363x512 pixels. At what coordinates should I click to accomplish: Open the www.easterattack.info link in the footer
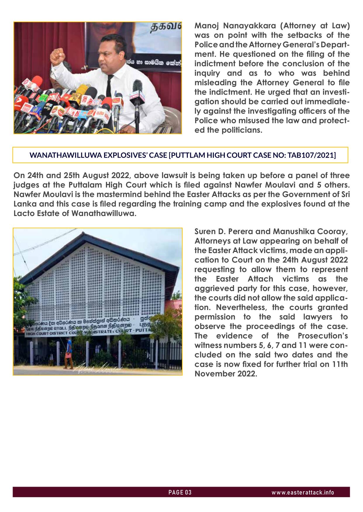point(303,492)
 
